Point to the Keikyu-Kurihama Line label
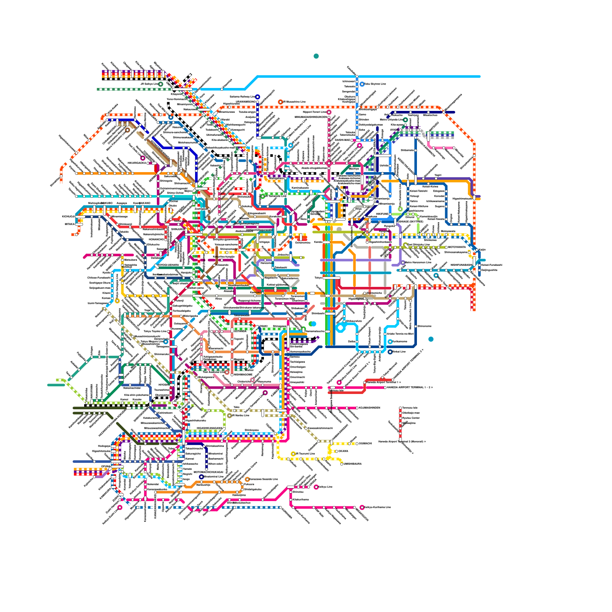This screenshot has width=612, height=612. coord(378,507)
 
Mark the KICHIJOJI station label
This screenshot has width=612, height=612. coord(68,216)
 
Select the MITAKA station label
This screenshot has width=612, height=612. coord(70,224)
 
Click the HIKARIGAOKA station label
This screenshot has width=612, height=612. coord(137,163)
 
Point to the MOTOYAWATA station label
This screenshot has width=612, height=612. coord(457,247)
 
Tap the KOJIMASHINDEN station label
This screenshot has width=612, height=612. coord(369,408)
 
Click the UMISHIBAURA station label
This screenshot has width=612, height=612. coord(353,464)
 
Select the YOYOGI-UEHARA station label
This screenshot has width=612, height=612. coord(168,265)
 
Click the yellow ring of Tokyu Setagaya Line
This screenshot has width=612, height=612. coord(117,301)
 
